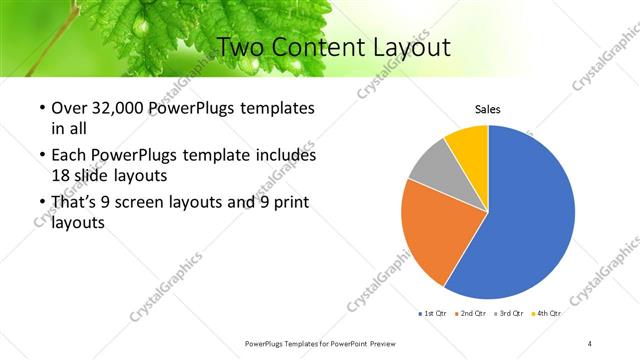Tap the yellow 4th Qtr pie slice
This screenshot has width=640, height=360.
(x=468, y=142)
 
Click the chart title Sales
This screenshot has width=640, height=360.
(x=487, y=109)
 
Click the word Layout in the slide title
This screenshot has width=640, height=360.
(x=400, y=47)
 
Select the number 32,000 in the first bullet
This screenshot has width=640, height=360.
(x=120, y=108)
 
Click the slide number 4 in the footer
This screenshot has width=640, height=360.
(x=590, y=343)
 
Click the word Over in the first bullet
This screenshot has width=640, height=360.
(x=69, y=108)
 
